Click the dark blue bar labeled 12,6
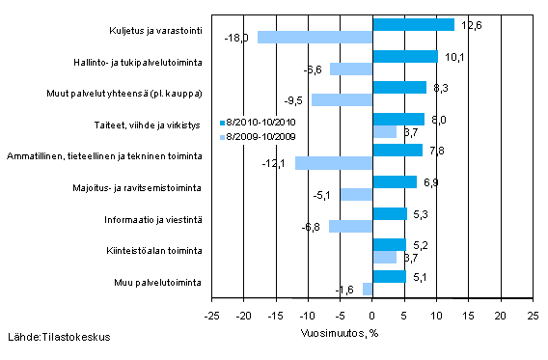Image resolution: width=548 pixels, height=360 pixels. (x=412, y=24)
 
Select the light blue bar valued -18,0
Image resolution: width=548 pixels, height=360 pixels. (x=315, y=38)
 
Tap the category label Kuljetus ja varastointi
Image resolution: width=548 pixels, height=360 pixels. (x=153, y=31)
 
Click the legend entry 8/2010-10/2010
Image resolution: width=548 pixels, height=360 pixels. (x=255, y=123)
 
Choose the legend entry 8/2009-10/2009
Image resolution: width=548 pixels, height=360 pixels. (x=255, y=136)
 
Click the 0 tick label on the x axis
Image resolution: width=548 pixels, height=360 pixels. (x=371, y=314)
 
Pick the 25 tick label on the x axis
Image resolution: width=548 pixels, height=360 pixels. (x=532, y=314)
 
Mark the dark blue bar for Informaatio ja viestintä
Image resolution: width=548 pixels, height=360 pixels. (x=389, y=213)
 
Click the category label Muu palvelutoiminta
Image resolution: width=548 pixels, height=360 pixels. (x=162, y=282)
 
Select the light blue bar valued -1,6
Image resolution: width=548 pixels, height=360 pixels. (x=367, y=289)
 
